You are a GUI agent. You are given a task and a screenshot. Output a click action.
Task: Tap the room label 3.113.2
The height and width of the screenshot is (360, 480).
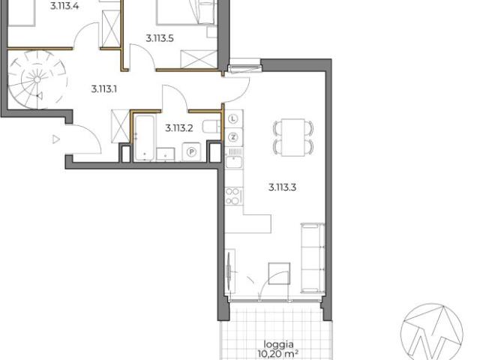point(179,127)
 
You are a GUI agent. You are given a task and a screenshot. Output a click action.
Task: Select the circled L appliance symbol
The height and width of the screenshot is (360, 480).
point(233,118)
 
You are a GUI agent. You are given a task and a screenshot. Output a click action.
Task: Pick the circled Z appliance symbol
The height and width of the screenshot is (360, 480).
point(233,136)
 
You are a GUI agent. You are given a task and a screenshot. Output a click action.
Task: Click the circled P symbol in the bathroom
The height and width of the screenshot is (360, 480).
point(191,151)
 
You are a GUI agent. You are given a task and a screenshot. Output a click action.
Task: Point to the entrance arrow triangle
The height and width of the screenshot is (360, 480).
point(55,139)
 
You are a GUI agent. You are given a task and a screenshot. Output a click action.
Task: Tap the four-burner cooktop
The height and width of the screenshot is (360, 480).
point(232,196)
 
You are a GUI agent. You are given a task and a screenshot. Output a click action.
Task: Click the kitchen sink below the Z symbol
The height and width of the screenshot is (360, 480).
point(233,159)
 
